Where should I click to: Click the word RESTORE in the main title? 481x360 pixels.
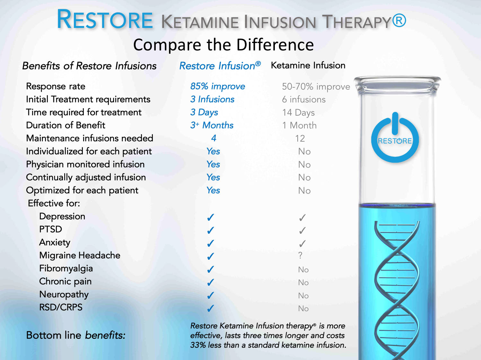click(x=105, y=19)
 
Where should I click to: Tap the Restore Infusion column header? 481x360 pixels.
click(x=220, y=66)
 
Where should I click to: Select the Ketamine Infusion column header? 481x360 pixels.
click(x=308, y=65)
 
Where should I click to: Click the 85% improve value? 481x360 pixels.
click(x=218, y=86)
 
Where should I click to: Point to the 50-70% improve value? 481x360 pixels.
click(x=316, y=87)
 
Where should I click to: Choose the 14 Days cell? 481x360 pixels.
click(x=298, y=113)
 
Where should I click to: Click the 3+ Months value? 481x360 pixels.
click(x=212, y=125)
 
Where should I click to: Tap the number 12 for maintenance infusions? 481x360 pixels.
click(x=300, y=138)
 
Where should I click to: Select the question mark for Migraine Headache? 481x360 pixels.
click(x=300, y=255)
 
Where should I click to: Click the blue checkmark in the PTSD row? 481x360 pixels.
click(x=211, y=230)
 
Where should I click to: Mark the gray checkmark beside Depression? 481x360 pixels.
click(x=302, y=217)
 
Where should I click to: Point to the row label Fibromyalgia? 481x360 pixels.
click(x=66, y=268)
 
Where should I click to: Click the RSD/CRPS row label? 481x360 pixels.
click(x=61, y=307)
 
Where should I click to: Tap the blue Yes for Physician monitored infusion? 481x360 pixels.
click(x=213, y=164)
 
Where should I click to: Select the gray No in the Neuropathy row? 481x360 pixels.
click(x=303, y=295)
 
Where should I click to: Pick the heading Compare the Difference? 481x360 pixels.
click(x=223, y=45)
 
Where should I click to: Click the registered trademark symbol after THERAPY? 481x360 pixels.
click(x=399, y=20)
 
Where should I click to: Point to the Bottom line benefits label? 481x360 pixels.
click(x=75, y=335)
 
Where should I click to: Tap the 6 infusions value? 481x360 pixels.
click(x=304, y=100)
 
